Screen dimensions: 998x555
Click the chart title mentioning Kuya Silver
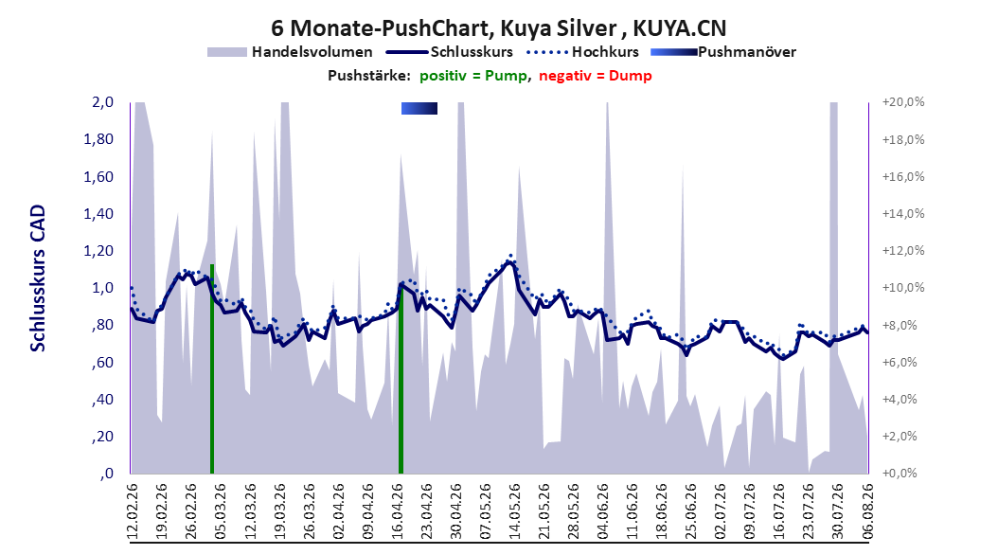pos(498,28)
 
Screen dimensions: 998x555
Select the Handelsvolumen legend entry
pos(290,52)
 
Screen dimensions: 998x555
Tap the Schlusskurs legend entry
pos(450,52)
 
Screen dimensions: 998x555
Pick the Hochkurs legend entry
pos(582,52)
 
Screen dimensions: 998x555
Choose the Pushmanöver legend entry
pos(723,52)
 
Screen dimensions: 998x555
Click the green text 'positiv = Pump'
pos(472,76)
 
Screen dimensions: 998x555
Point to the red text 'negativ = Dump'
pos(596,76)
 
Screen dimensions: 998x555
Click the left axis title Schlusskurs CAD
pos(38,278)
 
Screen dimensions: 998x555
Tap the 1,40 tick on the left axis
pos(98,214)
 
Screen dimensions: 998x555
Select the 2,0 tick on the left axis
pos(102,102)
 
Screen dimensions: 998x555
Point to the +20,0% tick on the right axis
pos(903,102)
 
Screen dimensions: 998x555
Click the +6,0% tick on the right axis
pos(903,362)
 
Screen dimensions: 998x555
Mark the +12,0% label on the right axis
pos(903,251)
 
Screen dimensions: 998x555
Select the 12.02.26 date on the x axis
pos(133,511)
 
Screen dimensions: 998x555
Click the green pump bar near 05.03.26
pos(212,368)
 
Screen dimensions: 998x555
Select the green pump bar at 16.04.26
pos(401,378)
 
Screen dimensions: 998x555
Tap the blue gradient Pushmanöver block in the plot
pos(419,108)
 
